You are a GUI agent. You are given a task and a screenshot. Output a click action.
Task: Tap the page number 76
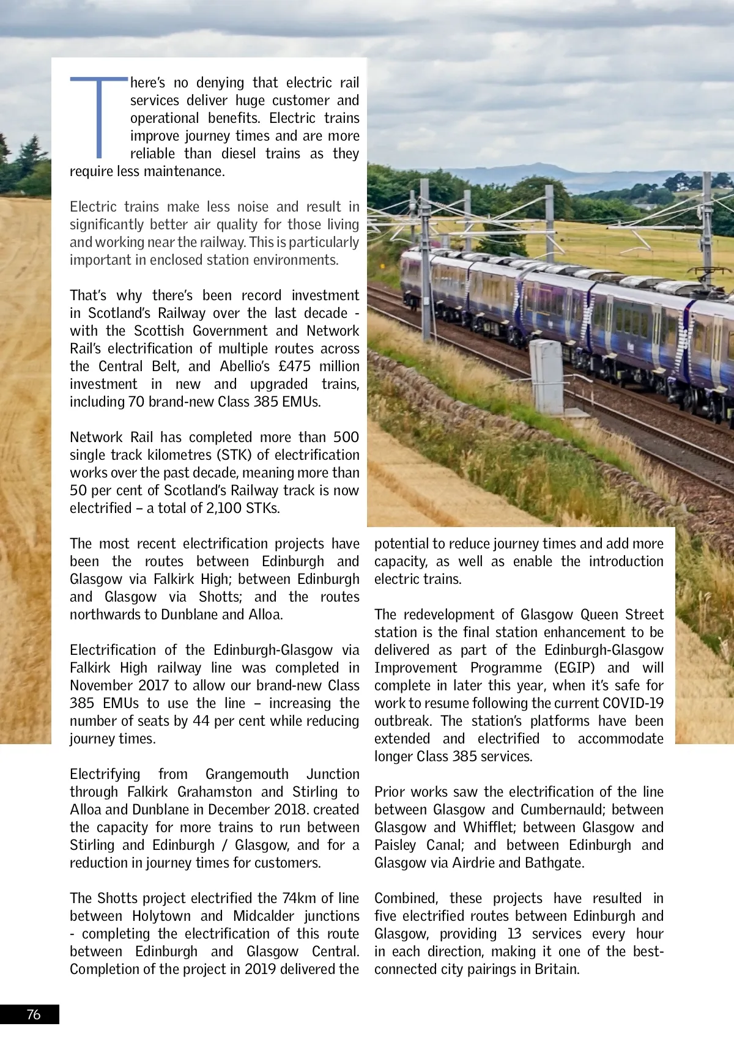[34, 1014]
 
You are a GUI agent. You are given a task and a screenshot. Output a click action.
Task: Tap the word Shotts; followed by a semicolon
[220, 597]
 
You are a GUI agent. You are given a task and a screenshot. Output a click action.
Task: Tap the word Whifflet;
[489, 827]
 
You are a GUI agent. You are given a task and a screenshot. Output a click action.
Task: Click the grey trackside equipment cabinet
[546, 377]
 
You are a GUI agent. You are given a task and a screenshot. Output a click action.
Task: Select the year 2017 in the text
[153, 685]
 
